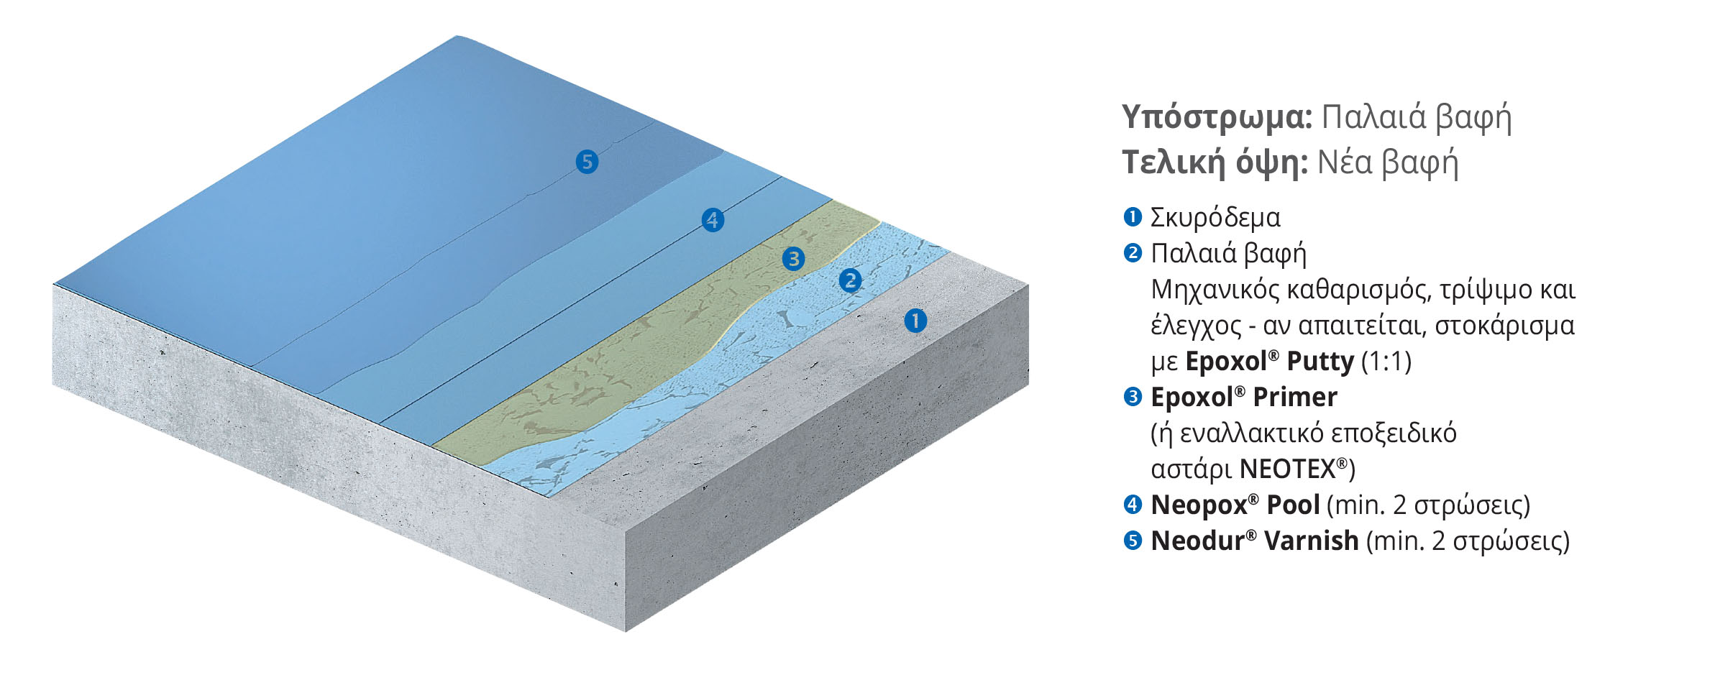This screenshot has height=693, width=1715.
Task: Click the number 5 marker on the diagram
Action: tap(587, 162)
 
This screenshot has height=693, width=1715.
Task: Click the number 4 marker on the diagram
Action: tap(713, 220)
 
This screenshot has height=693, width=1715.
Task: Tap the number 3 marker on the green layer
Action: tap(793, 259)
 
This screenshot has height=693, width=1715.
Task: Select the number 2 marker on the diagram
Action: tap(850, 280)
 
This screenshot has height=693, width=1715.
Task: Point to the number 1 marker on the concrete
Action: tap(915, 321)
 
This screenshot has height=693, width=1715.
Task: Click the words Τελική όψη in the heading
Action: tap(1215, 163)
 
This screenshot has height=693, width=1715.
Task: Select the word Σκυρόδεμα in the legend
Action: tap(1215, 218)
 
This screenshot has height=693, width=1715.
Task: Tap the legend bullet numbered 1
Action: tap(1132, 216)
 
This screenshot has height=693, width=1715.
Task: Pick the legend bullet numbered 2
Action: tap(1132, 252)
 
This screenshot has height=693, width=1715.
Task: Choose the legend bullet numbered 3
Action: tap(1132, 396)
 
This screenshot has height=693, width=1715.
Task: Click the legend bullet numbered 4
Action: tap(1132, 504)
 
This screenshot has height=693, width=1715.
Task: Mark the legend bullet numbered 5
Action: tap(1132, 540)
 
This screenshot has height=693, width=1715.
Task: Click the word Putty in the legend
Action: tap(1320, 362)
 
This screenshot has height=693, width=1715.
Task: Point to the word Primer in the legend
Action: tap(1294, 397)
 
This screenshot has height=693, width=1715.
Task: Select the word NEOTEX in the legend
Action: tap(1287, 469)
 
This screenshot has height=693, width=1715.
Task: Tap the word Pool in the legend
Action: tap(1292, 505)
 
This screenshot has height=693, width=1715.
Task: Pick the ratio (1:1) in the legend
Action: tap(1386, 362)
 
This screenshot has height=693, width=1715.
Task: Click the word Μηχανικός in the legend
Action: tap(1214, 290)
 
